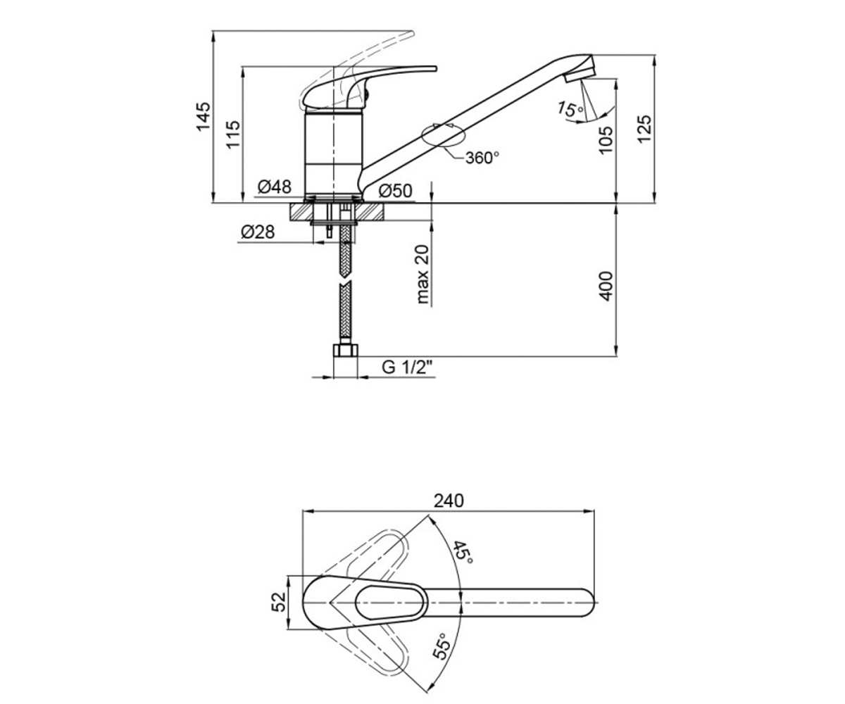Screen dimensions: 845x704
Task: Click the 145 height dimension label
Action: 204,116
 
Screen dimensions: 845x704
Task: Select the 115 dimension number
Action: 233,134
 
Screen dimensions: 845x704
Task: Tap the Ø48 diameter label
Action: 275,187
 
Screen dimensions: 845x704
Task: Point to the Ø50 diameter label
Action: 396,191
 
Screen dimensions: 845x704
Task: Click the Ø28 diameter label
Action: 258,232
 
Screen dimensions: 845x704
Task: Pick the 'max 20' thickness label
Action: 423,274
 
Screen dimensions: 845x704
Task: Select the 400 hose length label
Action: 606,286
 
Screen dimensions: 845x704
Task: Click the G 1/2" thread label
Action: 407,367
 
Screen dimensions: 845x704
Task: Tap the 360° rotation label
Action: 482,158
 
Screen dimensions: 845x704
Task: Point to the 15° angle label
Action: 570,109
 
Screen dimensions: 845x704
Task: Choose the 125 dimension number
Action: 645,129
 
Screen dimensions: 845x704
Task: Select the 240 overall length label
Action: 449,501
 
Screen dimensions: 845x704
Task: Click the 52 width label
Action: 279,602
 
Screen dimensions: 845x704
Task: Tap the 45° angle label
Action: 462,552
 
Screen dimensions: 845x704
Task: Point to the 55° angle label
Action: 442,646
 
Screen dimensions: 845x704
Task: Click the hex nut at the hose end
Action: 346,350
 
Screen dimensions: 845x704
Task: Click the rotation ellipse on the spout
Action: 443,134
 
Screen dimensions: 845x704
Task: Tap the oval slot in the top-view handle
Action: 391,603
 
